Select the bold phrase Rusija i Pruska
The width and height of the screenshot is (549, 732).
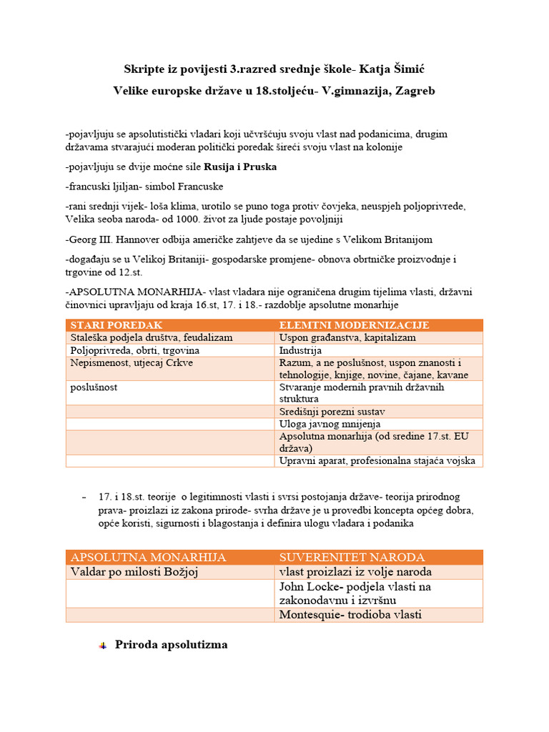click(240, 167)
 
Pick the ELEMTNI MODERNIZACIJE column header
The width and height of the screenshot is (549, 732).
click(354, 325)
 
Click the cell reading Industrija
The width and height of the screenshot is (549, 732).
click(301, 351)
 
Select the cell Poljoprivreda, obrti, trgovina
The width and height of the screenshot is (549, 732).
click(134, 351)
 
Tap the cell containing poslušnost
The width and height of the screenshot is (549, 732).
click(94, 387)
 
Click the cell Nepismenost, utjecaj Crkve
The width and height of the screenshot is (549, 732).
click(132, 363)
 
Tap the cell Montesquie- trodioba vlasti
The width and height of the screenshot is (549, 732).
click(350, 615)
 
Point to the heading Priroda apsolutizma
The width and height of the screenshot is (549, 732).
click(172, 644)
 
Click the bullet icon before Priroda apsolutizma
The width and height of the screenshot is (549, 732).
click(102, 646)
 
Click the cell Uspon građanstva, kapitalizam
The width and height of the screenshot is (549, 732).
click(347, 338)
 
